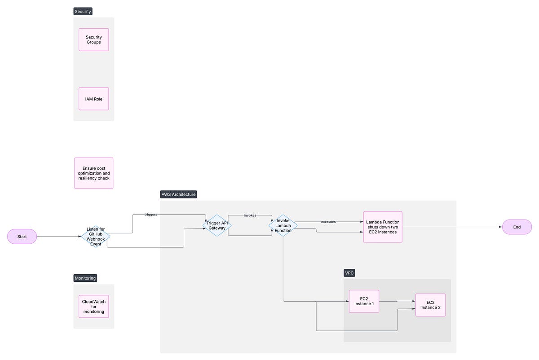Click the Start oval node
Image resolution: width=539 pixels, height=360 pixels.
point(22,237)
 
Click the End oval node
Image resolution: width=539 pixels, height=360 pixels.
point(517,227)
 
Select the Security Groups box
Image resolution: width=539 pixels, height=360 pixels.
point(94,40)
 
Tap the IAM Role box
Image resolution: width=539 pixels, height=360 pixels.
point(94,99)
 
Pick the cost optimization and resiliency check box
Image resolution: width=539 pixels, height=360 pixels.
point(94,173)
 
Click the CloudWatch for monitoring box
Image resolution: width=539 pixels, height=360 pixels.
point(94,307)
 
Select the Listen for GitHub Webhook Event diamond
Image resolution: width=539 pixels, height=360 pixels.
point(96,237)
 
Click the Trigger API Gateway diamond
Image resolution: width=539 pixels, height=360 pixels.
point(217,225)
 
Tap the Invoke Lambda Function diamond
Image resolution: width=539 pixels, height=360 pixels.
point(283,225)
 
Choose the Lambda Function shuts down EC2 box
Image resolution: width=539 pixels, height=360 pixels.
point(383,227)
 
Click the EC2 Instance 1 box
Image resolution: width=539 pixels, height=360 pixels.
point(364,301)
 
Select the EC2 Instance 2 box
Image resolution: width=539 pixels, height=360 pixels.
point(430,305)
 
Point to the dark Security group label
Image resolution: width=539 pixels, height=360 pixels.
point(83,11)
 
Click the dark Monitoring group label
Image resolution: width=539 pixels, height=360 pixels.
point(85,278)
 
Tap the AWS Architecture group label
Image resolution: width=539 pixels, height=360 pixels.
point(178,194)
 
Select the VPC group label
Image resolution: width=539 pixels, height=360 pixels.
point(349,273)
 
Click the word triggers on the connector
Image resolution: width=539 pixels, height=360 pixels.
point(151,215)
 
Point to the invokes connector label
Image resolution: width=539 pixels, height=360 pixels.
point(250,215)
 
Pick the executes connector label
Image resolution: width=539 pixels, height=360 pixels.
point(328,222)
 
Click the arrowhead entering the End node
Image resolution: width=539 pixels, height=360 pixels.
point(500,227)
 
